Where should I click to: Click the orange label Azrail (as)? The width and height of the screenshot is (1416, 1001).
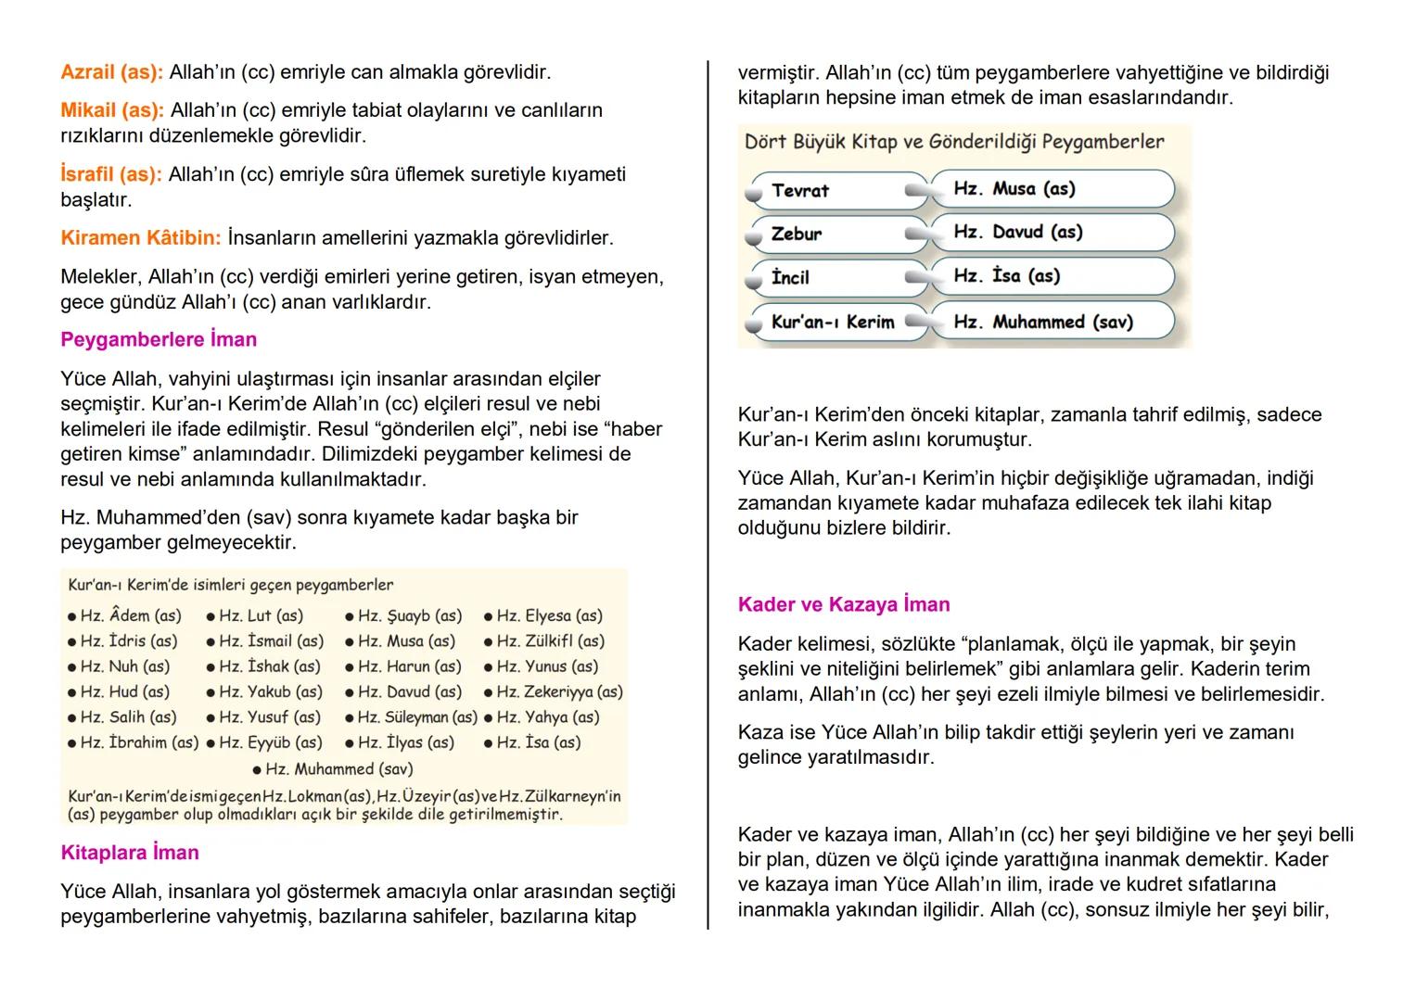[x=111, y=71]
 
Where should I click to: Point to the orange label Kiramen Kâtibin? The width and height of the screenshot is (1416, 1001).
[x=141, y=238]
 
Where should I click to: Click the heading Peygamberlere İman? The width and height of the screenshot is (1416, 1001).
[x=159, y=339]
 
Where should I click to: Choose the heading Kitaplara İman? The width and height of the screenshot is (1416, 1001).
[x=130, y=853]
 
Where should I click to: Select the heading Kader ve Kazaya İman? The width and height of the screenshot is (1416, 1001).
[x=844, y=604]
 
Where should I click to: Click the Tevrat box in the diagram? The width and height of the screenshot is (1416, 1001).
[x=835, y=191]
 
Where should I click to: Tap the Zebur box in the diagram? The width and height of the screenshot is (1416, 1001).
[x=835, y=234]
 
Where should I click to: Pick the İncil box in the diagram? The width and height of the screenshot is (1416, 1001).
[x=835, y=277]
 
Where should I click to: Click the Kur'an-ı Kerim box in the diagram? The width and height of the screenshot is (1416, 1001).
[x=835, y=322]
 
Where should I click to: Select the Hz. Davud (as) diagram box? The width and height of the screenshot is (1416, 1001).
[x=1052, y=232]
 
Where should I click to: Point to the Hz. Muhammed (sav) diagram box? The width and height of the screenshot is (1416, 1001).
[x=1052, y=322]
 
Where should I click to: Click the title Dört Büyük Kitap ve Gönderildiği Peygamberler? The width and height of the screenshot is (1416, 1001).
[x=954, y=142]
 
